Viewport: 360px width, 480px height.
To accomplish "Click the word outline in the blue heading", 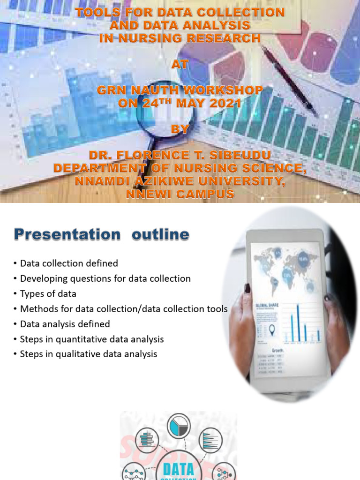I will pos(160,234).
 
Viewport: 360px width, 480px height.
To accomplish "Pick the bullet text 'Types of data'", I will pos(48,294).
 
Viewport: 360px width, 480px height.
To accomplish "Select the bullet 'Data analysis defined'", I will pos(65,324).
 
